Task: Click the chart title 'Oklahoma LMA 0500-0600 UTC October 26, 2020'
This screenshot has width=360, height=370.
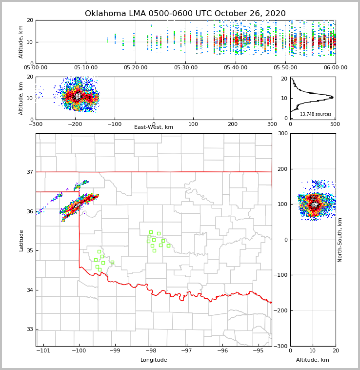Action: click(185, 14)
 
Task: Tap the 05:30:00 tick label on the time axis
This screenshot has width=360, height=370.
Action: click(186, 68)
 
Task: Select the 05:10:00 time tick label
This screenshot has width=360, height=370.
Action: click(86, 68)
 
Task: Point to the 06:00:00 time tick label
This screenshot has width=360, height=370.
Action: click(335, 68)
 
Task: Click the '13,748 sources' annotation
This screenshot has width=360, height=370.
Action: click(316, 114)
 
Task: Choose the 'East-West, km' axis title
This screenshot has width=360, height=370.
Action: click(154, 127)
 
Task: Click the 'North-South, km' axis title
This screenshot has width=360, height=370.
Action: click(340, 240)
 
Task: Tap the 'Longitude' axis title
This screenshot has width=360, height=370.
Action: click(154, 360)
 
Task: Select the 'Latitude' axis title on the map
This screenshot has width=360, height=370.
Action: click(21, 240)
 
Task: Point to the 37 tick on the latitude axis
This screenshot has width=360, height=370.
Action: click(30, 172)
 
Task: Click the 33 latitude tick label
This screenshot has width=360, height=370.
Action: click(30, 329)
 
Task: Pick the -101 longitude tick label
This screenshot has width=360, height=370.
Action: click(44, 350)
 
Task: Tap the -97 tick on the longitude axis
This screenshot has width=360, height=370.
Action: click(186, 350)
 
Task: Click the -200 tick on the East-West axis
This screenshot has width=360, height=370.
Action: click(75, 124)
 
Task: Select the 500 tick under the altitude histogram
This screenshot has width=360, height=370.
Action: click(335, 124)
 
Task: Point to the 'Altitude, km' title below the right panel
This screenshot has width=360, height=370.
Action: click(313, 360)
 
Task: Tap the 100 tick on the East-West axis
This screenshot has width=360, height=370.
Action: click(193, 124)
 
